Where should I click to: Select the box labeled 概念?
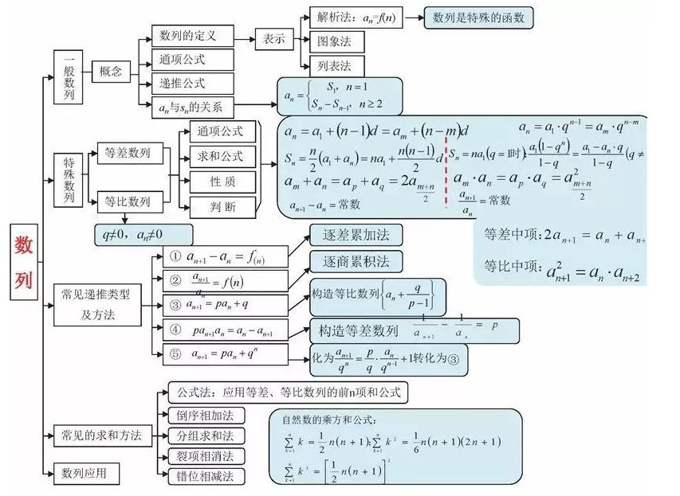pyautogui.click(x=110, y=72)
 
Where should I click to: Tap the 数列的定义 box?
pyautogui.click(x=193, y=36)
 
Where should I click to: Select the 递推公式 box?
pyautogui.click(x=193, y=83)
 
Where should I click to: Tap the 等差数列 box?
pyautogui.click(x=128, y=154)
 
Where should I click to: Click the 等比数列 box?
pyautogui.click(x=128, y=202)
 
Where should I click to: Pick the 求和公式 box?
pyautogui.click(x=222, y=156)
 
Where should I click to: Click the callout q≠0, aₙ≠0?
pyautogui.click(x=143, y=235)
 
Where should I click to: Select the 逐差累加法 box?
pyautogui.click(x=356, y=236)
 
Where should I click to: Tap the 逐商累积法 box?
pyautogui.click(x=356, y=262)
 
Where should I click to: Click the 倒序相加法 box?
pyautogui.click(x=205, y=416)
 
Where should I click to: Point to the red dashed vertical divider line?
pyautogui.click(x=446, y=167)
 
